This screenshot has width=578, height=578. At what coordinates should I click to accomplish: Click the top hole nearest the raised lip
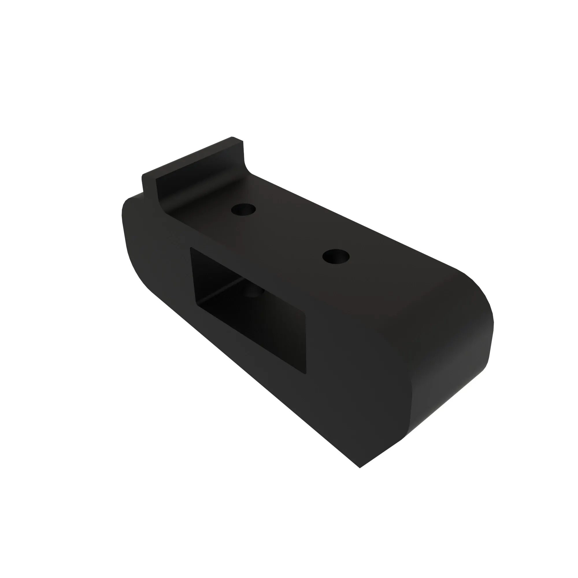(x=243, y=210)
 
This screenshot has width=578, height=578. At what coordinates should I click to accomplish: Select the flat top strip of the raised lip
(x=192, y=155)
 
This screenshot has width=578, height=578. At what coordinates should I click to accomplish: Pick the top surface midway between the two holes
(x=289, y=233)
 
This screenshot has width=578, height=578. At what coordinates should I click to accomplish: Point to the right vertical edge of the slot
(x=306, y=344)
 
